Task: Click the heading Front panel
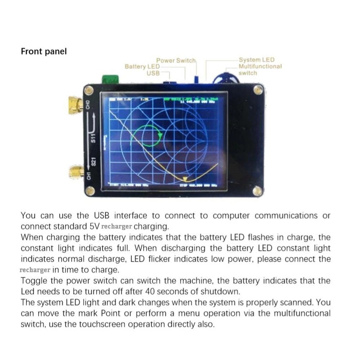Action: pyautogui.click(x=44, y=51)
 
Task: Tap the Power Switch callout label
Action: pyautogui.click(x=176, y=60)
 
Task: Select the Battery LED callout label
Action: pyautogui.click(x=142, y=67)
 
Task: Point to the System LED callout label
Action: pyautogui.click(x=256, y=60)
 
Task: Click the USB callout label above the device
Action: pyautogui.click(x=153, y=73)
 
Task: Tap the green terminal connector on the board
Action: pyautogui.click(x=111, y=79)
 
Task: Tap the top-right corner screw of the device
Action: pyautogui.click(x=258, y=90)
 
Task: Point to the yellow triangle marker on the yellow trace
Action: pyautogui.click(x=185, y=179)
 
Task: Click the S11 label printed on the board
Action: pyautogui.click(x=93, y=138)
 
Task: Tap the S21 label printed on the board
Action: pyautogui.click(x=93, y=161)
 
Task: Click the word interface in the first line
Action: pyautogui.click(x=131, y=216)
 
